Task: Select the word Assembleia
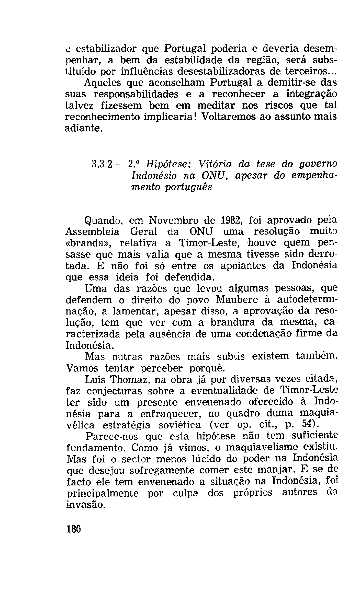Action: point(92,231)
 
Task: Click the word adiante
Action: point(84,128)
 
